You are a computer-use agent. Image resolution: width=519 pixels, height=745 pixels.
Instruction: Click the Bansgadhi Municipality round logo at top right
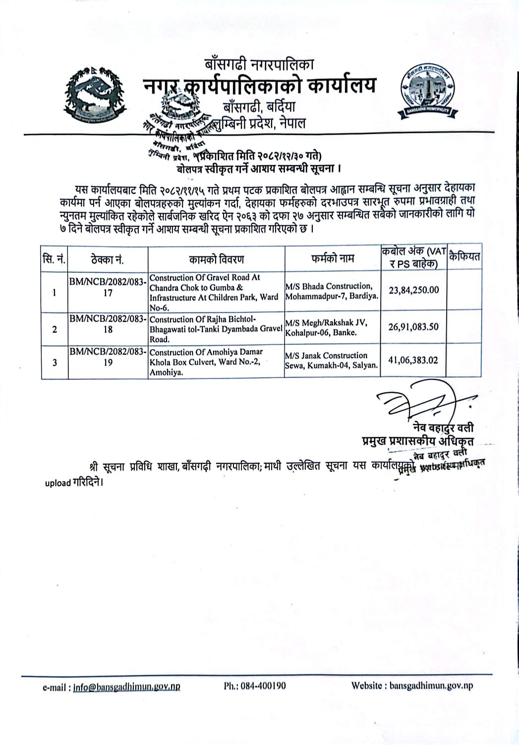point(427,92)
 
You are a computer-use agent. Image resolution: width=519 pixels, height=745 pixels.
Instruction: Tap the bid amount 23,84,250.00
point(413,290)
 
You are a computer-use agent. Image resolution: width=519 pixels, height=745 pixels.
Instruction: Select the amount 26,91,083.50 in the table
point(413,327)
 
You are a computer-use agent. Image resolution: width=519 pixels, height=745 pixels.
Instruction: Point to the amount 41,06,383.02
point(413,361)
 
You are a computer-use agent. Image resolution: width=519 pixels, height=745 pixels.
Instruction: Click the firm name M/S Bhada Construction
point(332,291)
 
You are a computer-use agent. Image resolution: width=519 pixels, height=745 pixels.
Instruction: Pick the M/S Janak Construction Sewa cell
point(331,361)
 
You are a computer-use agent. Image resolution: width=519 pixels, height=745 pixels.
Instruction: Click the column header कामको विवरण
point(216,258)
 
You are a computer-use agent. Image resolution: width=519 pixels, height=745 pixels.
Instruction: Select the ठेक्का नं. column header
point(108,259)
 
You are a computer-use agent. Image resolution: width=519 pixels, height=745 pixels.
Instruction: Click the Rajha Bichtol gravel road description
point(216,329)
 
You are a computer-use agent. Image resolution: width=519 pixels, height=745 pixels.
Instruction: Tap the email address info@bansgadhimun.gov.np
point(126,686)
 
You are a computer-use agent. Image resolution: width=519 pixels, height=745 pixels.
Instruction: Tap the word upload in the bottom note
point(58,483)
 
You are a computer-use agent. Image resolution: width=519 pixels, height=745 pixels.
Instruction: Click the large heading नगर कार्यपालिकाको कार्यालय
point(259,86)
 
